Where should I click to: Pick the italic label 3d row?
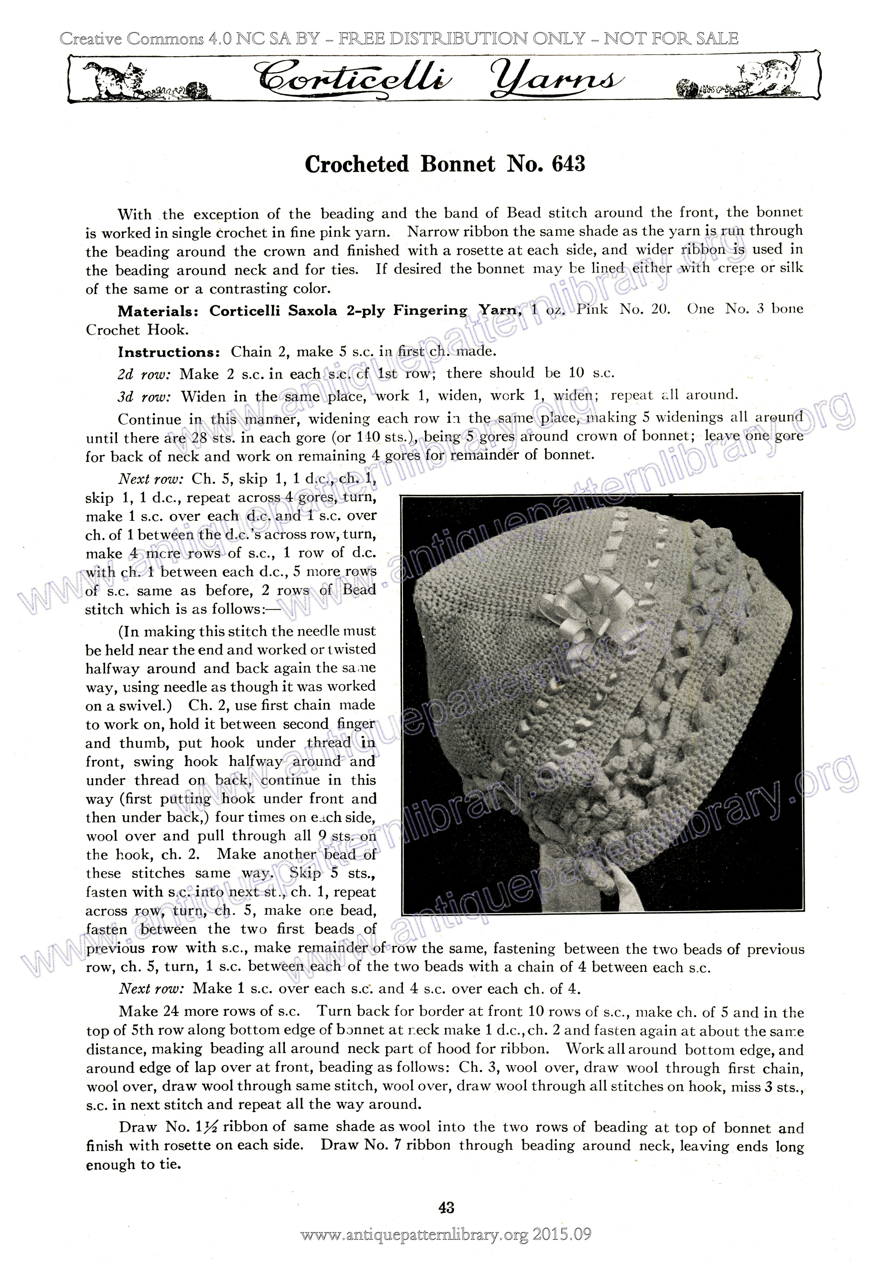click(145, 396)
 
